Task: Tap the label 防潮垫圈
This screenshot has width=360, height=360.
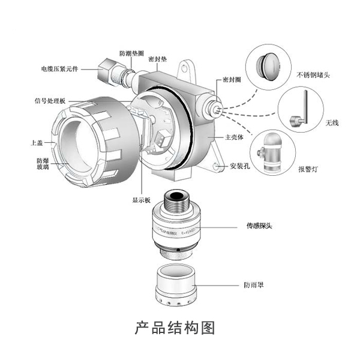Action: (x=131, y=54)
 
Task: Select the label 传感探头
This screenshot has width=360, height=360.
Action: (x=259, y=227)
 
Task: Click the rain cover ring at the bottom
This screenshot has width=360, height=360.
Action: (x=177, y=285)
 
